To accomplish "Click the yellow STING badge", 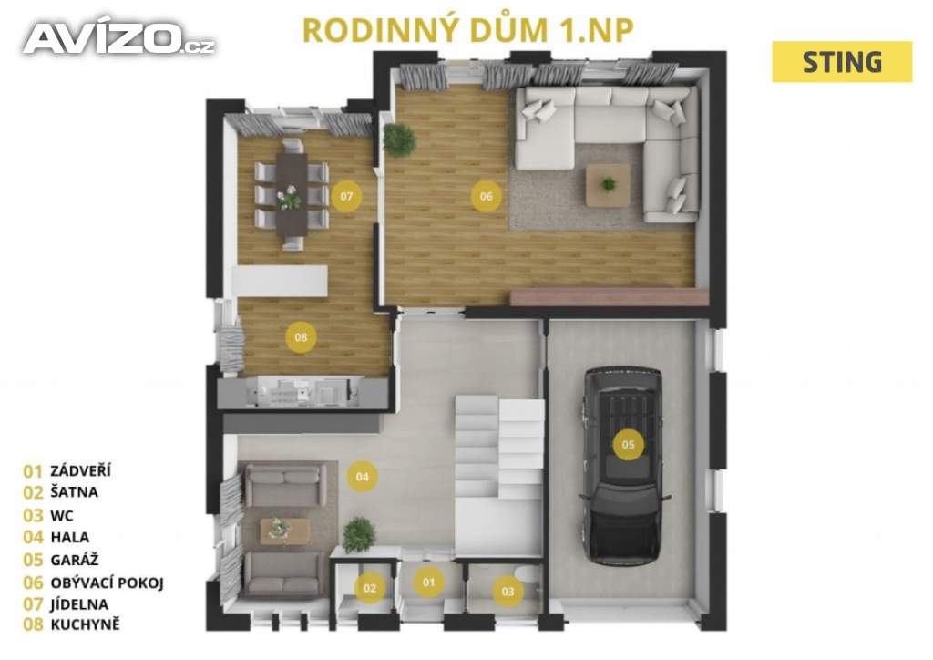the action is tap(841, 62).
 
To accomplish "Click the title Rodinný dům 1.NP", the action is tap(467, 30).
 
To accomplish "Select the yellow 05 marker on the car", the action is tap(629, 444).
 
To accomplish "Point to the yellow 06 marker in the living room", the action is tap(487, 196).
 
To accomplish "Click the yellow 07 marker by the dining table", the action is tap(346, 196).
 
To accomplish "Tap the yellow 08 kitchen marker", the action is tap(301, 337).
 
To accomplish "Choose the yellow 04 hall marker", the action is tap(363, 476).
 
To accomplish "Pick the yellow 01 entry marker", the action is tap(429, 582).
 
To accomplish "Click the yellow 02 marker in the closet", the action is tap(370, 588).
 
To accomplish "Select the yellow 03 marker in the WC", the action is tap(508, 591).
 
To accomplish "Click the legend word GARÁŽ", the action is tap(75, 560).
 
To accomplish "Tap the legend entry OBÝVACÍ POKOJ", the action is tap(108, 583).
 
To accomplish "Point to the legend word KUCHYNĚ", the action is tap(85, 624).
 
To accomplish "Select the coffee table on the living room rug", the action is tap(608, 185).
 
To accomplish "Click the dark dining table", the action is tap(292, 194).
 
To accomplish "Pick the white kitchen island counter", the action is tap(281, 280).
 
